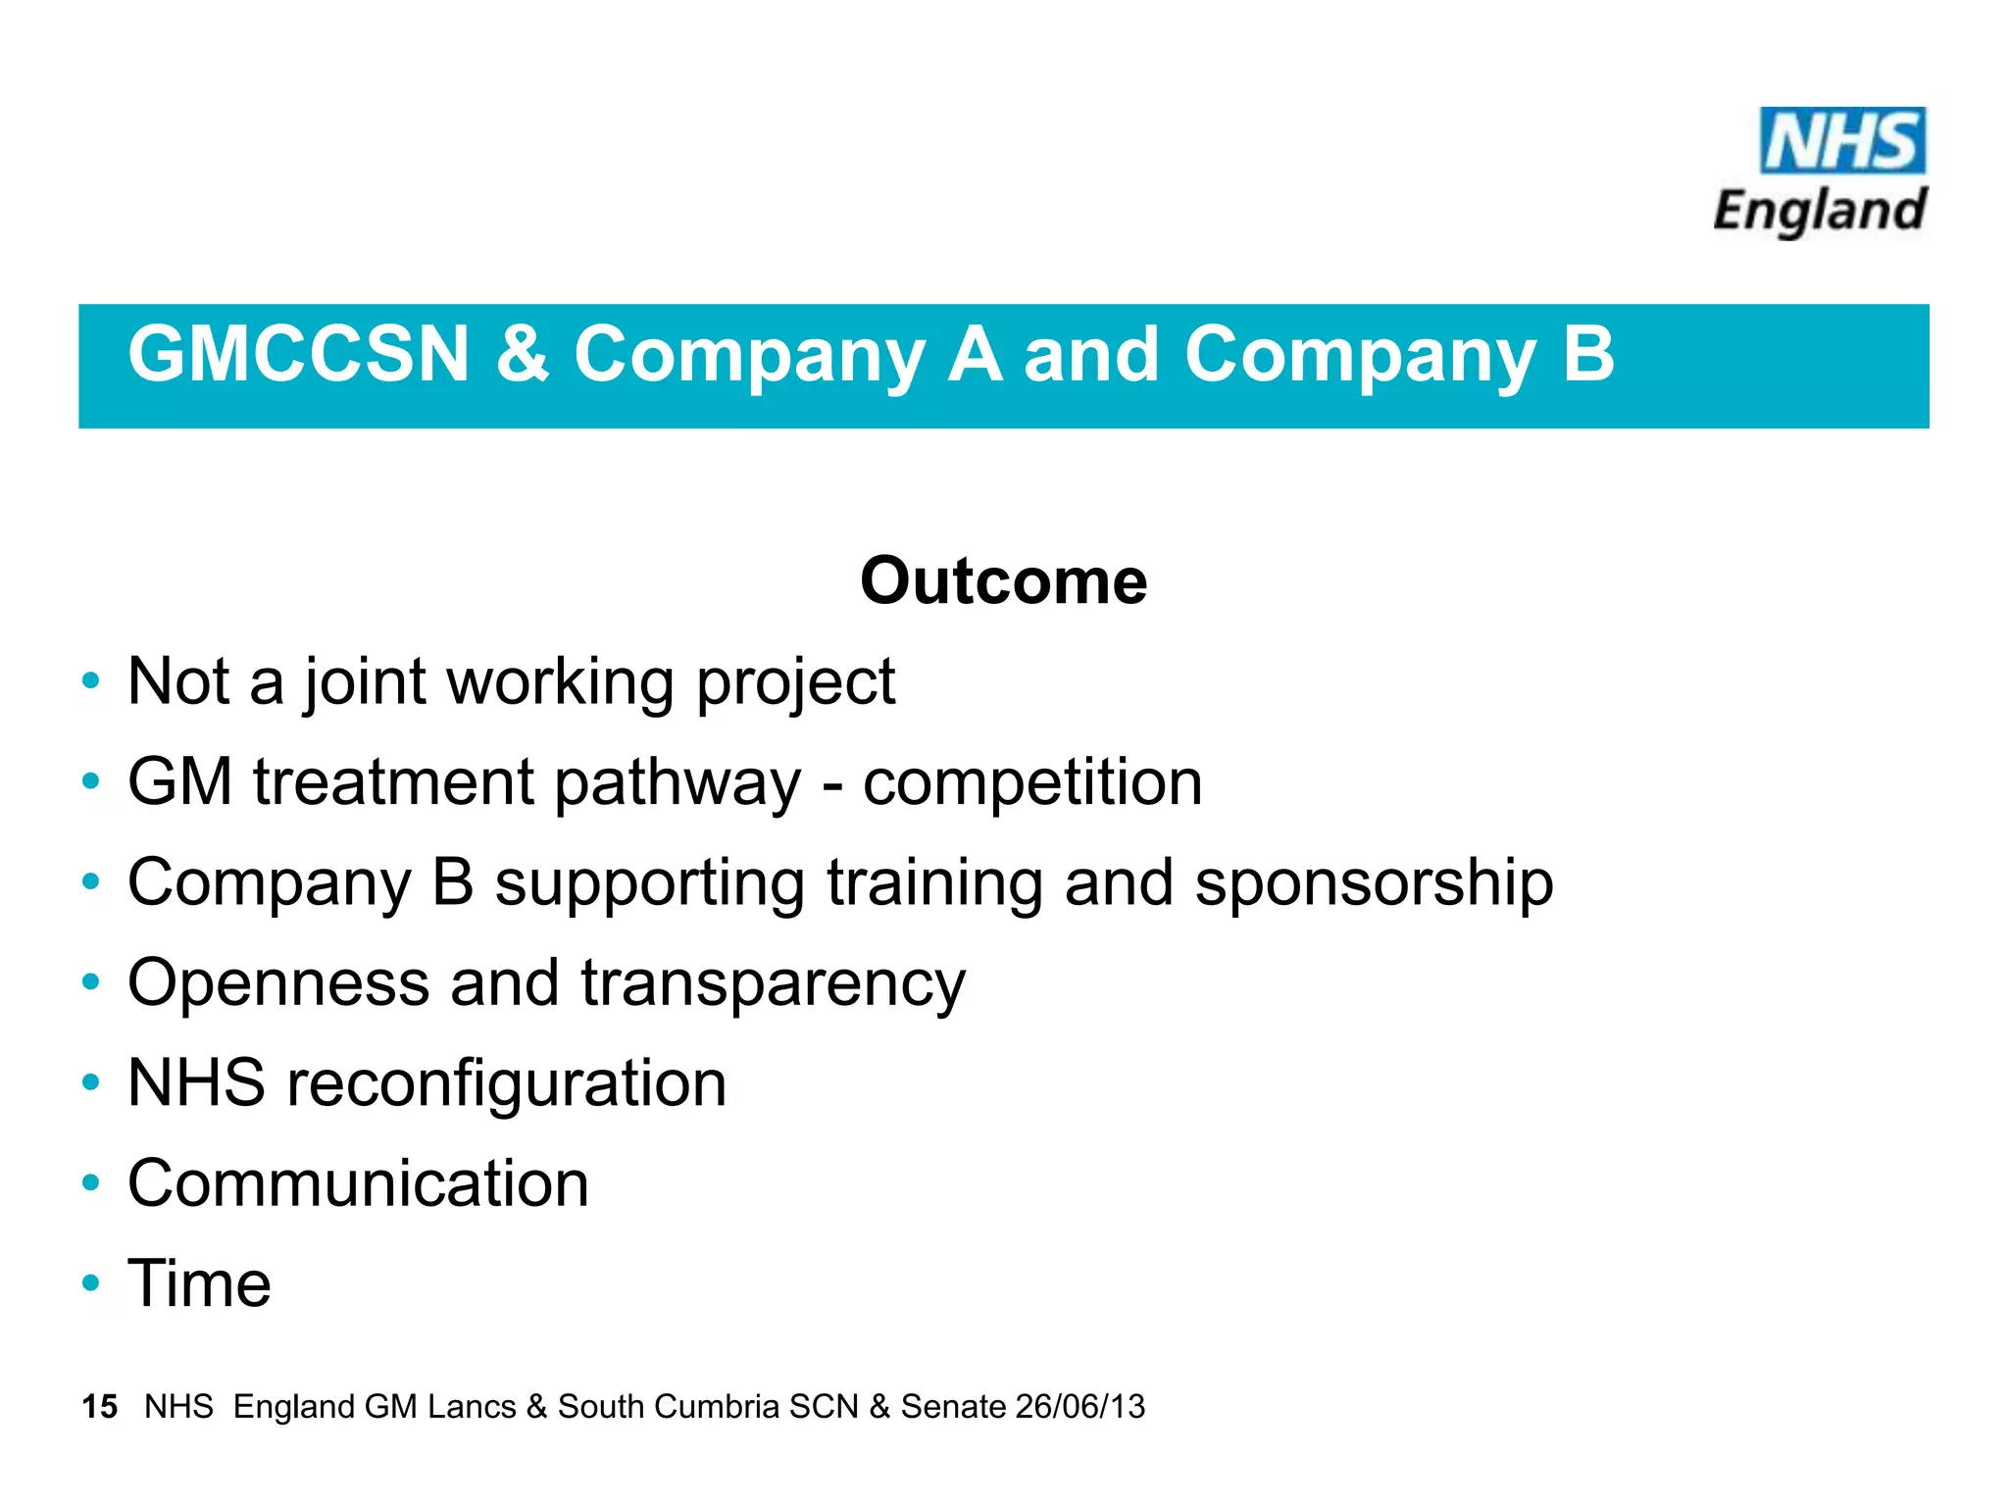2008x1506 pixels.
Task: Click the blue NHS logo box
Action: point(1841,141)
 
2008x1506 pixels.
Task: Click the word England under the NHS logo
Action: point(1820,212)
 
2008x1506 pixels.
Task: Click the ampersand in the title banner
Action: point(522,354)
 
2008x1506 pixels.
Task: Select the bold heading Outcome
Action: point(1003,581)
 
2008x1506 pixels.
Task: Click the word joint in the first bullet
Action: point(365,681)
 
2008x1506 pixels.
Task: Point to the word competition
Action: point(1031,782)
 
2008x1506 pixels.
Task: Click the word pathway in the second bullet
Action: point(677,784)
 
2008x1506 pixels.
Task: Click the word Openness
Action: point(278,983)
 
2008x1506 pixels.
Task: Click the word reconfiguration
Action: point(506,1085)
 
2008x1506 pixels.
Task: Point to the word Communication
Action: point(358,1183)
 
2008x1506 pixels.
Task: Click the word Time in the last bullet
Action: point(199,1283)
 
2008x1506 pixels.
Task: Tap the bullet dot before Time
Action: point(91,1282)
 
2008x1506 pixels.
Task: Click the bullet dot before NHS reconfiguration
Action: point(91,1082)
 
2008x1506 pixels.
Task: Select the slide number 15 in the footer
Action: point(99,1407)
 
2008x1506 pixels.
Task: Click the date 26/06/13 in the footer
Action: point(1079,1407)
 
